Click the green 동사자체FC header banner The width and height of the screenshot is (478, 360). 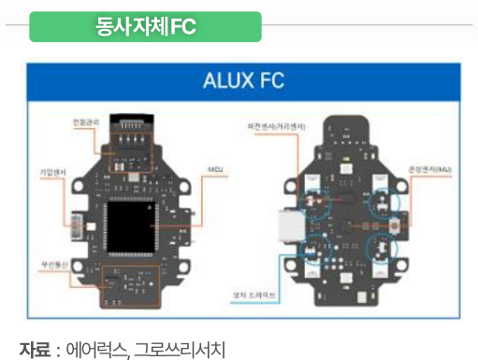pos(145,26)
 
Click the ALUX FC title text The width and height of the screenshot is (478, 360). pos(242,79)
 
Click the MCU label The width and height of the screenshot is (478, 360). pos(213,172)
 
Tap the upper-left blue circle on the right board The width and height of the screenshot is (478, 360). pos(321,200)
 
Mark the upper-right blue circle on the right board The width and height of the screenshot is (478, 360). pos(385,199)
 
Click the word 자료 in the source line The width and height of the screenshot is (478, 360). pos(34,349)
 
